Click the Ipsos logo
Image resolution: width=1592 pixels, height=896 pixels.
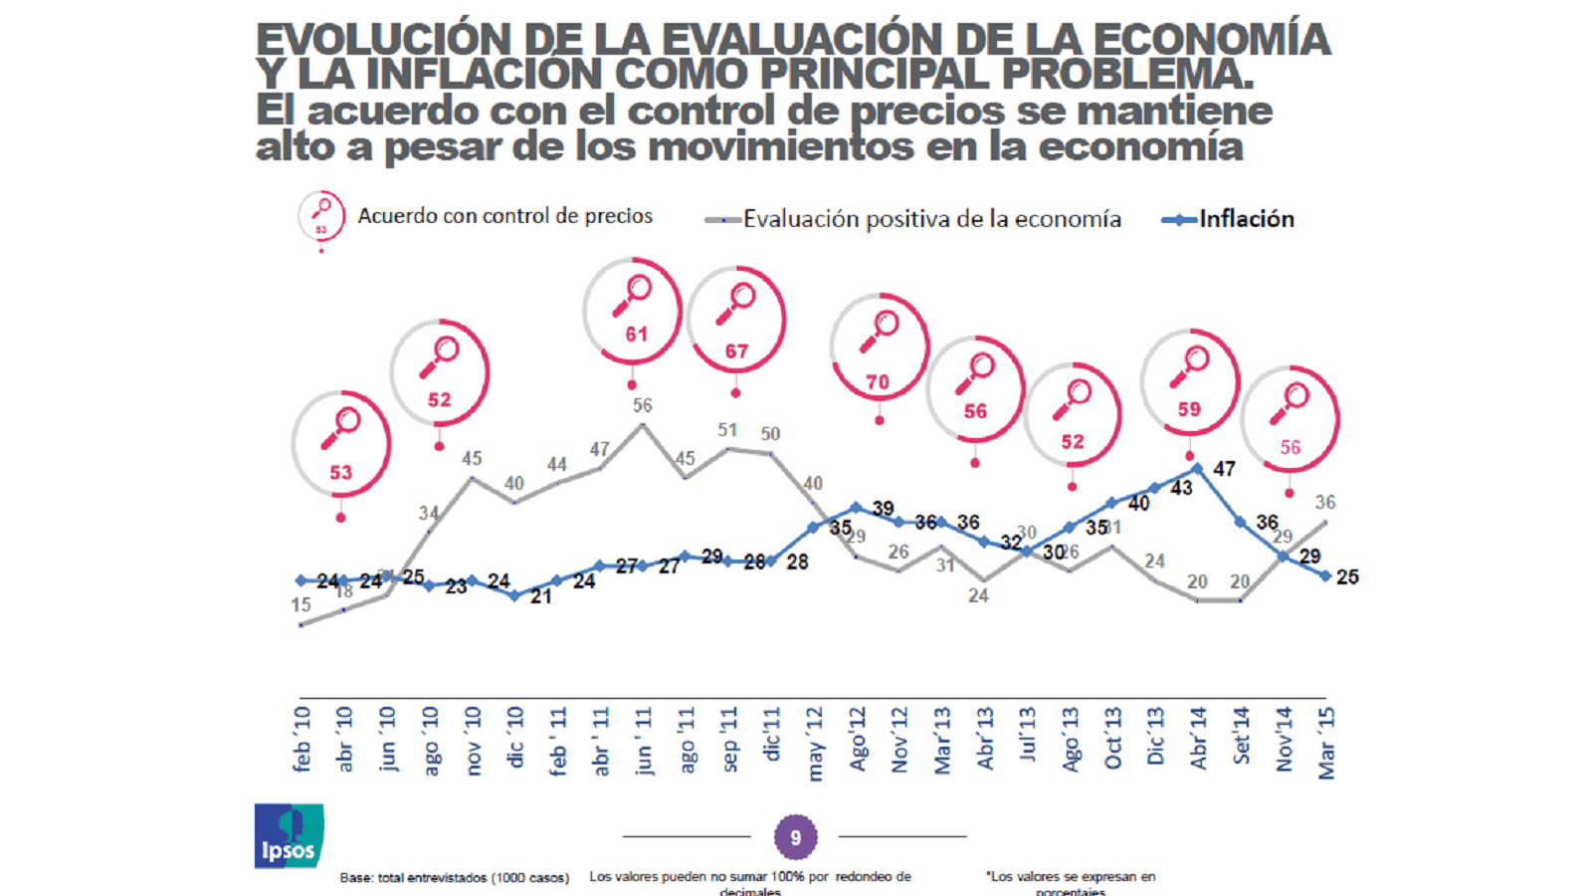(289, 836)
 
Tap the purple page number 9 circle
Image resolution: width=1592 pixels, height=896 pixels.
(795, 837)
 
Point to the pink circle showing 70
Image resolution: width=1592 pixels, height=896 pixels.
(880, 347)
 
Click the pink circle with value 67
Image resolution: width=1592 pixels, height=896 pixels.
(736, 320)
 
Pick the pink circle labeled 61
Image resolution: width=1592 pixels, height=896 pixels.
(633, 312)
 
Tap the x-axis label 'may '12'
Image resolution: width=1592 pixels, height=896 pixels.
(815, 745)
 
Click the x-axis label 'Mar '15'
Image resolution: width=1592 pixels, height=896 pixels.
(1326, 743)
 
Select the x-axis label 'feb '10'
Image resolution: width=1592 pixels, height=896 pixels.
(302, 740)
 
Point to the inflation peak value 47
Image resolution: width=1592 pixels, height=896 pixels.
(1224, 468)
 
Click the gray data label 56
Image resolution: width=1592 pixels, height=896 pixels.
(643, 405)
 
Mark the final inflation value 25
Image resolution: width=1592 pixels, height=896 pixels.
(1347, 577)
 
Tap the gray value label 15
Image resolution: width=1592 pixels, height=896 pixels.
(300, 604)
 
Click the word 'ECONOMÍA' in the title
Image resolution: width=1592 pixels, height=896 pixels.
(1211, 40)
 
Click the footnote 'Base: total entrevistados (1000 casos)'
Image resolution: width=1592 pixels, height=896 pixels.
(455, 878)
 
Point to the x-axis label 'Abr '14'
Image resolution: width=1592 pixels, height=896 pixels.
(1199, 739)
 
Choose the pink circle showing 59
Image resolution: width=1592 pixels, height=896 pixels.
(1190, 382)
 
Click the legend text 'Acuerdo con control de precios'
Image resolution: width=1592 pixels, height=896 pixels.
(505, 216)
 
